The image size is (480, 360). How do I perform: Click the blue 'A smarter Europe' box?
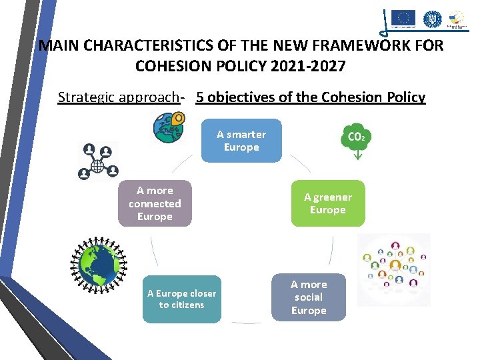(241, 141)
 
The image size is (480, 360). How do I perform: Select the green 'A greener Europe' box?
(327, 203)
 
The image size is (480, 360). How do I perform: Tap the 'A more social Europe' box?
(309, 297)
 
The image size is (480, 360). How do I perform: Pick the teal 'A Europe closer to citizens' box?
(181, 299)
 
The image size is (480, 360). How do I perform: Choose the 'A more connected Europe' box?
(155, 203)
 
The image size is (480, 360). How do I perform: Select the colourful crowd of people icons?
(394, 269)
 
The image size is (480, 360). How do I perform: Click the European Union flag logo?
(403, 18)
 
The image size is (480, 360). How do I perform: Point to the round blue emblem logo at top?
(433, 19)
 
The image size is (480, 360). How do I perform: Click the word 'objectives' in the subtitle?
(242, 97)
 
